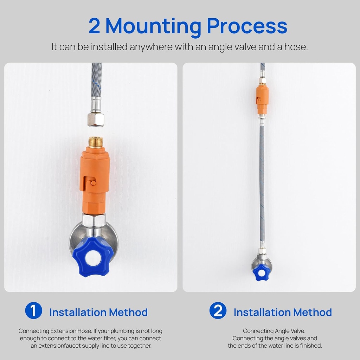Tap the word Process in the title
247,26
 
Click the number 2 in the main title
94,26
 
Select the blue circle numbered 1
33,310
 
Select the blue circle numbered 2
218,310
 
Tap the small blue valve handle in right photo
261,272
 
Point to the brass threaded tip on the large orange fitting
95,143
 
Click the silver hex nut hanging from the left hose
96,120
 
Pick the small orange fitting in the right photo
262,99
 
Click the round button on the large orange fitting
93,183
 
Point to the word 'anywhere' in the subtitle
151,47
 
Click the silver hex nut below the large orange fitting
94,220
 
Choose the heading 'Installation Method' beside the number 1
98,312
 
